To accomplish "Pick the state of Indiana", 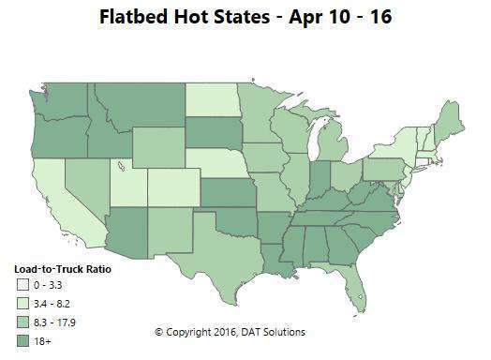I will click(320, 175).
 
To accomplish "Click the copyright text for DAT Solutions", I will click(230, 332).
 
